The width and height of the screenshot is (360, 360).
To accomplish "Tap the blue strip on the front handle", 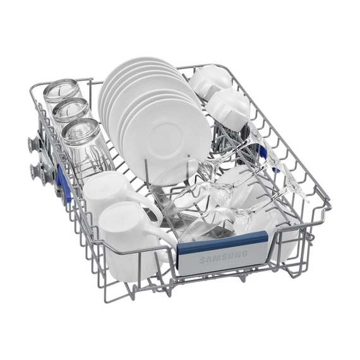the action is point(223,243).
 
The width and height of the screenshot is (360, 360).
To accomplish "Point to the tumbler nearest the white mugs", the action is point(83,147).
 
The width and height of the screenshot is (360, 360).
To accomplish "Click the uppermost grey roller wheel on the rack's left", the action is point(33,142).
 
